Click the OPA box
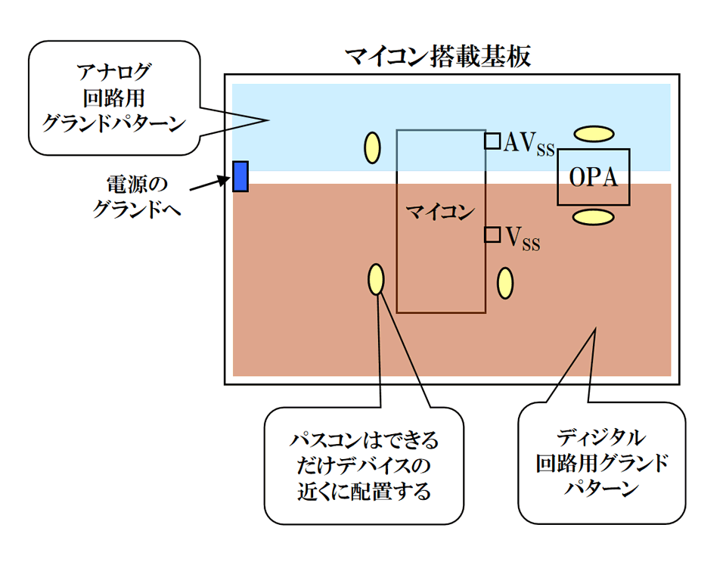pyautogui.click(x=593, y=177)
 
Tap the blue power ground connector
pyautogui.click(x=240, y=176)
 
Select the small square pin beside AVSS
pyautogui.click(x=492, y=141)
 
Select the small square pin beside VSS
pyautogui.click(x=492, y=234)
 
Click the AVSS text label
pyautogui.click(x=529, y=143)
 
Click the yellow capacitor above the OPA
pyautogui.click(x=593, y=134)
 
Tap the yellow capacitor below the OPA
pyautogui.click(x=593, y=218)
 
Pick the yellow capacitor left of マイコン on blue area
pyautogui.click(x=373, y=147)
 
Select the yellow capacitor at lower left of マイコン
pyautogui.click(x=376, y=279)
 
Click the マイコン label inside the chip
pyautogui.click(x=440, y=211)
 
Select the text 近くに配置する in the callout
pyautogui.click(x=364, y=492)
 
